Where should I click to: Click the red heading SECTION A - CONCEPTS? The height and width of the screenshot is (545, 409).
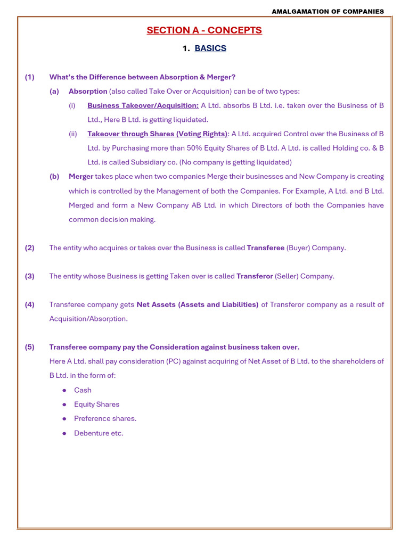pyautogui.click(x=204, y=30)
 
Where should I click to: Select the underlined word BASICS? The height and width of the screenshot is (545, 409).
pyautogui.click(x=210, y=48)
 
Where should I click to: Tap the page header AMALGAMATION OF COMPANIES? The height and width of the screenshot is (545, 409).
pyautogui.click(x=328, y=11)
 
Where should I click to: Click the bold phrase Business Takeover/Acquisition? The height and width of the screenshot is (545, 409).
pyautogui.click(x=143, y=105)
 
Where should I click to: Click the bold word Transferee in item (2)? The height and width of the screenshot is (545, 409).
pyautogui.click(x=265, y=248)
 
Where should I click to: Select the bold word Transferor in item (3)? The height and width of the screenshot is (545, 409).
pyautogui.click(x=255, y=276)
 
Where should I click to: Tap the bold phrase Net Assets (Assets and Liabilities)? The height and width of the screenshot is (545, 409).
pyautogui.click(x=198, y=304)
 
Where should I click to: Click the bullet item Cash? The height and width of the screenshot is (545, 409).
pyautogui.click(x=83, y=390)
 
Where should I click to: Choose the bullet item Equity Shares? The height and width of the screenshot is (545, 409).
pyautogui.click(x=96, y=404)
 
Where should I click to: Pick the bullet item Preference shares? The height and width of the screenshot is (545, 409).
pyautogui.click(x=105, y=418)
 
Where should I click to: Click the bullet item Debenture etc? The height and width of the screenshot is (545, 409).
pyautogui.click(x=99, y=433)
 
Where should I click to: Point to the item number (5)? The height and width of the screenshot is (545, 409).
pyautogui.click(x=30, y=347)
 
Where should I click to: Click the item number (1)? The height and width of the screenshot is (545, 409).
pyautogui.click(x=30, y=77)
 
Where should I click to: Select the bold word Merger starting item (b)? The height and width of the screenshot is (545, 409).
pyautogui.click(x=81, y=176)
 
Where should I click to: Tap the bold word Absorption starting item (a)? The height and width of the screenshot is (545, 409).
pyautogui.click(x=88, y=91)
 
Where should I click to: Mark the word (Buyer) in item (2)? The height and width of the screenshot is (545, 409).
pyautogui.click(x=298, y=248)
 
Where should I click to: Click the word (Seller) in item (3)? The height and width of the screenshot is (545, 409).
pyautogui.click(x=287, y=276)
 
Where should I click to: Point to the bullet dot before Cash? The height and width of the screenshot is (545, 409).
pyautogui.click(x=64, y=390)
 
